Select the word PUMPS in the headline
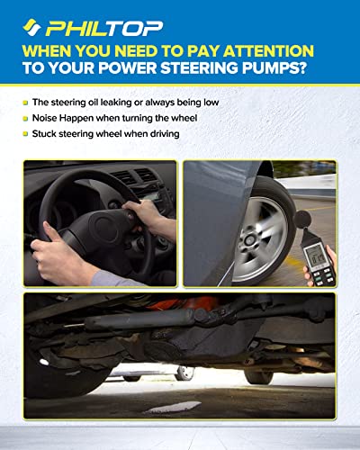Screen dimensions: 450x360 pyautogui.click(x=288, y=75)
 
